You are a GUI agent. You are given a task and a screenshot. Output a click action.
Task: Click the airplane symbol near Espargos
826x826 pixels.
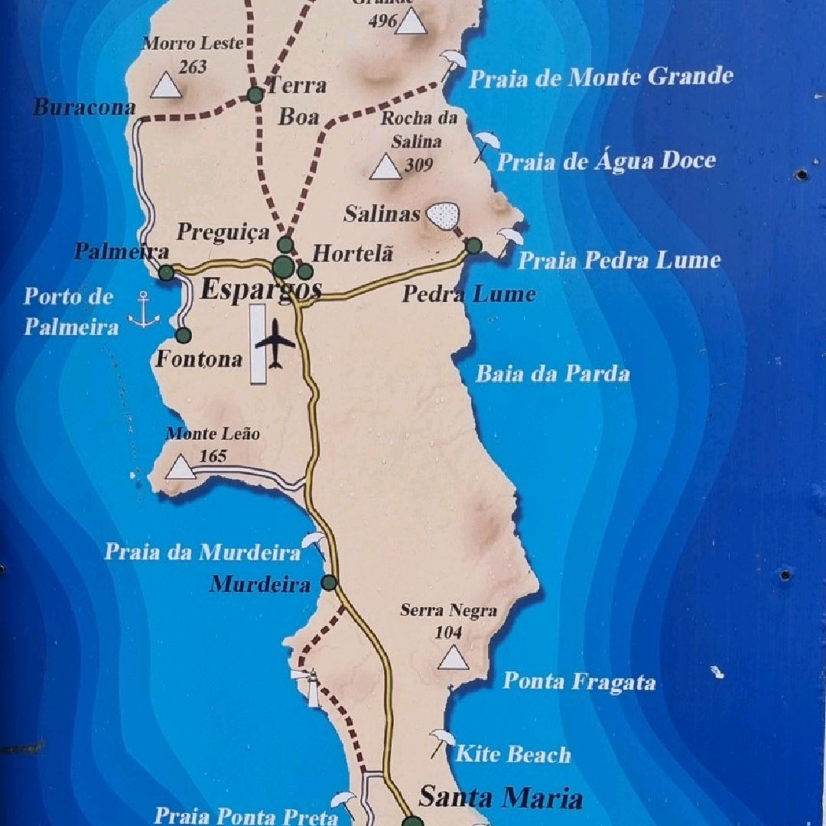coord(275,343)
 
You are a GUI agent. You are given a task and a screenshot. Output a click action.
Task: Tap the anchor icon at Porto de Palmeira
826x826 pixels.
coord(144,309)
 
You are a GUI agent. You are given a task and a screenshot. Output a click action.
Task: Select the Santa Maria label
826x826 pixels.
coord(500,798)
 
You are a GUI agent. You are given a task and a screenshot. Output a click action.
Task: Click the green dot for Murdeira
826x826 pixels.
coord(329,583)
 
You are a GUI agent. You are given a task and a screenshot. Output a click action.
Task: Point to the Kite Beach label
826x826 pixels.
coord(513,755)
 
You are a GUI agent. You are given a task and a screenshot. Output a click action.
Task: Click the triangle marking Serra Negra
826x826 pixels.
coord(454,658)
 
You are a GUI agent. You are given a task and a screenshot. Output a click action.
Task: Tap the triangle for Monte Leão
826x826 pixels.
coord(180,467)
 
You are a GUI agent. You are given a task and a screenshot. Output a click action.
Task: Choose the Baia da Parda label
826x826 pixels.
coord(552,373)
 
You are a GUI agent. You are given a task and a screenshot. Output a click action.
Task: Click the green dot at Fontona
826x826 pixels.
coord(183,335)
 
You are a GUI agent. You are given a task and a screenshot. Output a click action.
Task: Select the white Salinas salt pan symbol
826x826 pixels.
coord(443,215)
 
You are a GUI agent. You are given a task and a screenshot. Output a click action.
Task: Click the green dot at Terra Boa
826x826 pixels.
coord(255,95)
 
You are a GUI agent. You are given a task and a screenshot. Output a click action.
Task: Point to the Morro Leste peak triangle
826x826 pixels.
coord(165,86)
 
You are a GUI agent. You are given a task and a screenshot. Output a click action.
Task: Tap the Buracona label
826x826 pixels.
coord(84,107)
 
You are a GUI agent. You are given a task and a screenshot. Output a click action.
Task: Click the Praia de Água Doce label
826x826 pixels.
coord(606,161)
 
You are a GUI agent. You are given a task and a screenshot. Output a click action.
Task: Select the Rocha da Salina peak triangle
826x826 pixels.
coord(385,167)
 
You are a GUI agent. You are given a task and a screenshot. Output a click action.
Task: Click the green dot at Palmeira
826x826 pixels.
coord(166,272)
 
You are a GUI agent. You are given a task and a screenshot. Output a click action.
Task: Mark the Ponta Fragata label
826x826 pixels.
coord(579,681)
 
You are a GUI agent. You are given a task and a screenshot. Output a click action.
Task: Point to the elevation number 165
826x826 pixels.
coord(213,457)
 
